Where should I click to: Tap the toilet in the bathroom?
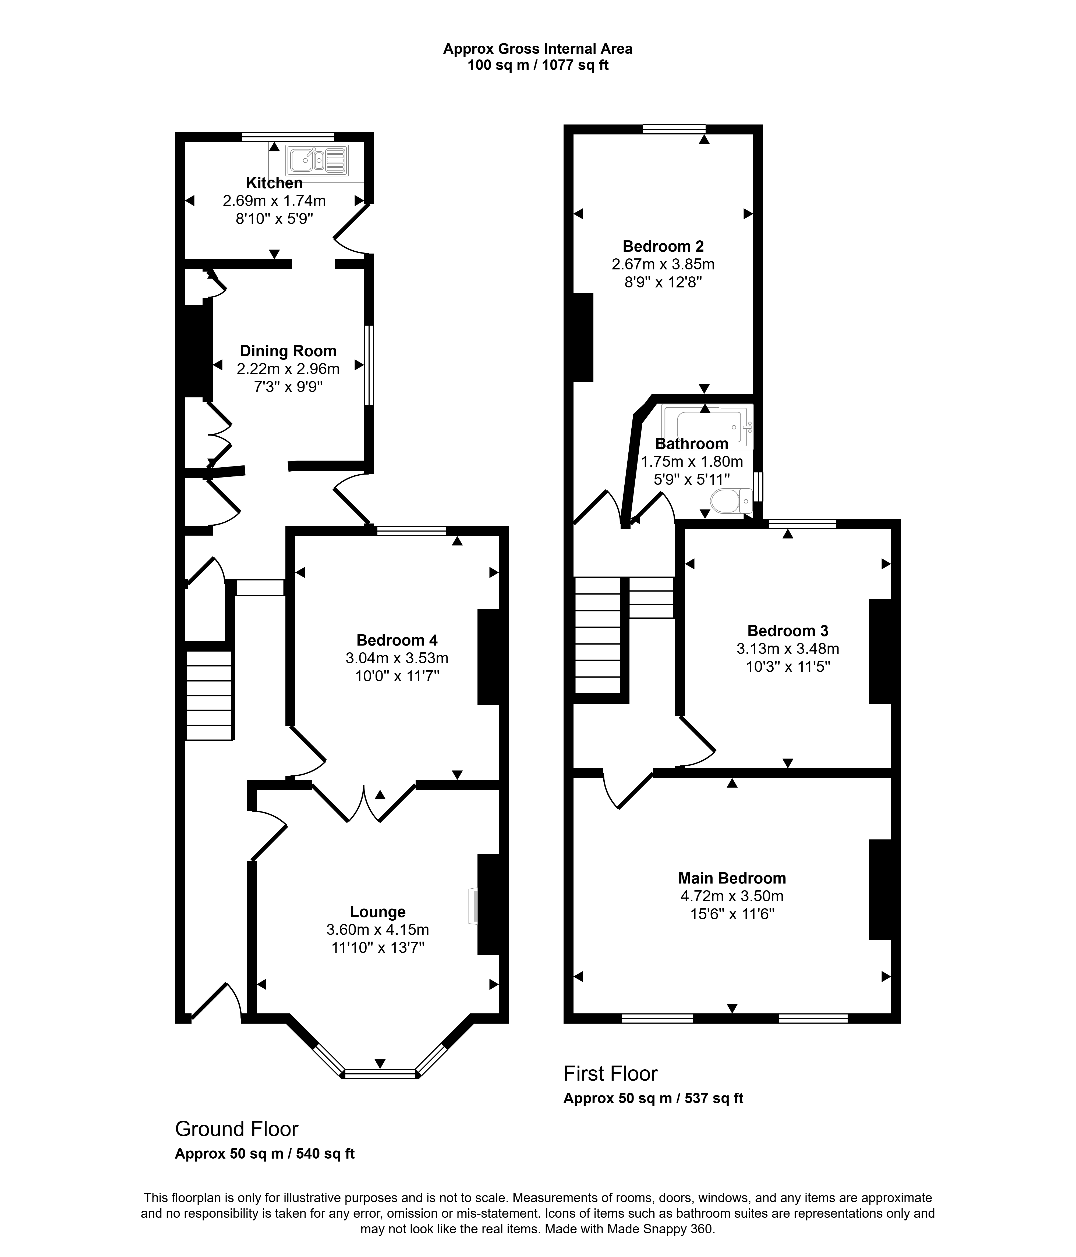[x=731, y=501]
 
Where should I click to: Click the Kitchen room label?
[x=274, y=183]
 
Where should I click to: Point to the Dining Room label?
[x=288, y=351]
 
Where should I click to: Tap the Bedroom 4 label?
[x=397, y=640]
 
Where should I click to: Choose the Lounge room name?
[x=377, y=912]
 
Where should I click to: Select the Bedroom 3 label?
[x=788, y=631]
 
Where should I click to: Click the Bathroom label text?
[x=692, y=443]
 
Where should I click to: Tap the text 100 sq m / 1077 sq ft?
[x=538, y=65]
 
